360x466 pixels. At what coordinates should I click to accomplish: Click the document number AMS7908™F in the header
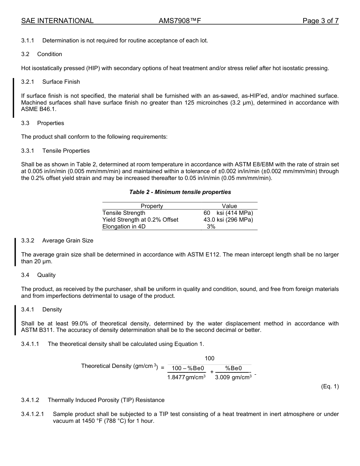pos(180,21)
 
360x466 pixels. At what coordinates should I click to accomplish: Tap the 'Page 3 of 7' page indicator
pos(320,21)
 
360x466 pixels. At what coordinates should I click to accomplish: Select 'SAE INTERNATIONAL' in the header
pos(57,21)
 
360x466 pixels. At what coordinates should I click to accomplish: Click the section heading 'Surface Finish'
pos(61,82)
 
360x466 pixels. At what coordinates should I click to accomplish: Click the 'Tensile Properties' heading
pos(66,151)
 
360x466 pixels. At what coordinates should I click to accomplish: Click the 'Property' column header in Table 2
pos(152,206)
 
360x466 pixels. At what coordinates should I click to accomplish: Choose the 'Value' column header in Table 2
pos(229,206)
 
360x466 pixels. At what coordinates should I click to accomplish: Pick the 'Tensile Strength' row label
pos(124,213)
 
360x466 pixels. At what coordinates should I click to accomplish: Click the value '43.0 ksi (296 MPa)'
pos(228,220)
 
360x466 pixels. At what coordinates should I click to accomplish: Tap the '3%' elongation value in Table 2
pos(211,227)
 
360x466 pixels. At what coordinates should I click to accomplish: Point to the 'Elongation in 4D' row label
pos(124,227)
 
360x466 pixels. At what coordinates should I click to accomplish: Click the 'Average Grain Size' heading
pos(67,241)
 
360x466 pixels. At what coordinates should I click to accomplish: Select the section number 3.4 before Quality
pos(25,275)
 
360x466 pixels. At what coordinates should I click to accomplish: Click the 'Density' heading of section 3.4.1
pos(52,310)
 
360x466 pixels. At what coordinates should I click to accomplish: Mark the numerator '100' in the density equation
pos(210,358)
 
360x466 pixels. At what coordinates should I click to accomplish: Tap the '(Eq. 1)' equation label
pos(329,386)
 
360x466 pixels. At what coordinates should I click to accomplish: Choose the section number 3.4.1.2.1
pos(32,414)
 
